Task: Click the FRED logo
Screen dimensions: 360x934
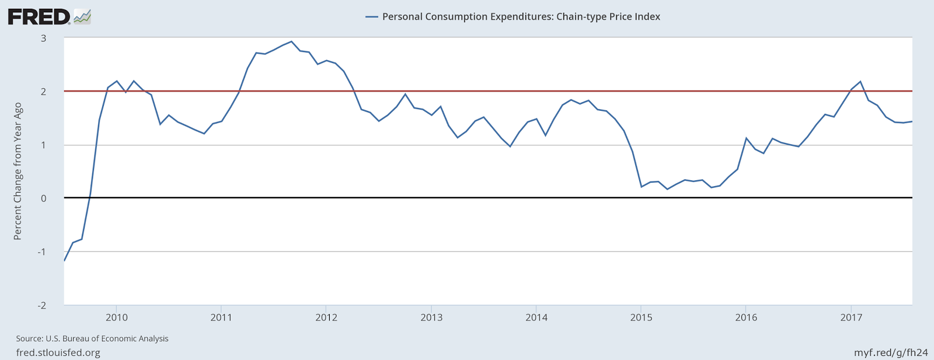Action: (49, 16)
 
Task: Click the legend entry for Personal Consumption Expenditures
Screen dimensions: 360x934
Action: (513, 16)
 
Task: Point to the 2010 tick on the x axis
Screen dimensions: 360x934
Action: (116, 317)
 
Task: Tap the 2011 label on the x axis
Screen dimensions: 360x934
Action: (221, 317)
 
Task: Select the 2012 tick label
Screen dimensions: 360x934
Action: (326, 317)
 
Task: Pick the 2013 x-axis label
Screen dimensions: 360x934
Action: (431, 317)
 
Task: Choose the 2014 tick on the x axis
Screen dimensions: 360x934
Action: (536, 317)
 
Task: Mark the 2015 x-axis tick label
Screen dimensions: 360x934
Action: (641, 317)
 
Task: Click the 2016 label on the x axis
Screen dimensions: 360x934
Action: (746, 317)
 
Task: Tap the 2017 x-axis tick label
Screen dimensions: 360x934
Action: (851, 317)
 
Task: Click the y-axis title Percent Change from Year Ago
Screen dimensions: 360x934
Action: (18, 171)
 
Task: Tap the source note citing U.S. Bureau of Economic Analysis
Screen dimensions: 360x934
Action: (92, 338)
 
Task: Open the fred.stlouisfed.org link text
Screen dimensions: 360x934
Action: (58, 352)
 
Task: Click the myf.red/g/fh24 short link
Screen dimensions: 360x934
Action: (891, 352)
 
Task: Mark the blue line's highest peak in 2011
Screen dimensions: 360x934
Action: (291, 41)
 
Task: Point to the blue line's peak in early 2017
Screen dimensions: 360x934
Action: (860, 82)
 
